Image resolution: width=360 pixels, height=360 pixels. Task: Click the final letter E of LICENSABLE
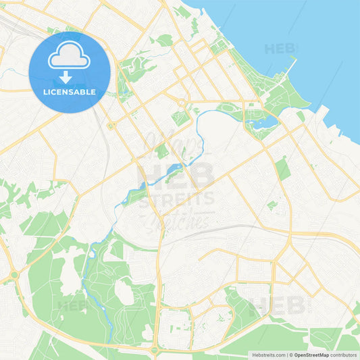(93, 92)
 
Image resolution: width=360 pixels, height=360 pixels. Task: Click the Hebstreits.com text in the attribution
(268, 354)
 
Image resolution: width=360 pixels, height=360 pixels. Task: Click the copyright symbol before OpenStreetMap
(291, 354)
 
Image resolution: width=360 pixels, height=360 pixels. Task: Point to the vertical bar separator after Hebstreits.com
(286, 354)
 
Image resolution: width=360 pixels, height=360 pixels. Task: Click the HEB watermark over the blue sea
(280, 49)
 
